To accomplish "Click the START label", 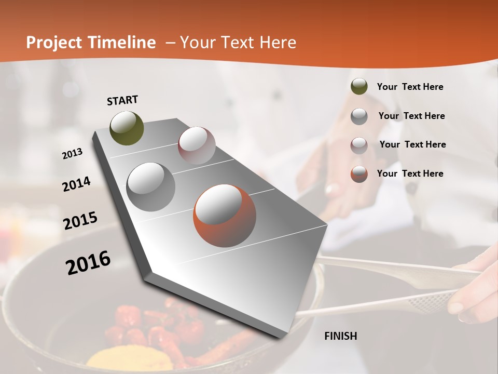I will (x=122, y=100).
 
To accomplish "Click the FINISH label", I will (x=341, y=336).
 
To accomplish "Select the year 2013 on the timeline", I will (x=73, y=153).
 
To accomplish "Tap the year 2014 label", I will (x=76, y=184).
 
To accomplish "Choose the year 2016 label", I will (x=88, y=263).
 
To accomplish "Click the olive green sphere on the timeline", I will (x=127, y=128).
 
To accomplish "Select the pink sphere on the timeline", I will (x=197, y=145).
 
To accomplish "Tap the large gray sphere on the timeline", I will (x=150, y=186).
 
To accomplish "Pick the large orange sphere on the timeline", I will (x=225, y=215).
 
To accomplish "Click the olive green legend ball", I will (x=359, y=87).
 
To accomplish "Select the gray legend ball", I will (x=359, y=116).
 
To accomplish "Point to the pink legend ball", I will (x=359, y=145).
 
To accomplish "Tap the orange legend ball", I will (x=359, y=174).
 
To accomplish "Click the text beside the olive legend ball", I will (x=410, y=87).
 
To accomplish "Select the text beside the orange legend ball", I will (x=410, y=173).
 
